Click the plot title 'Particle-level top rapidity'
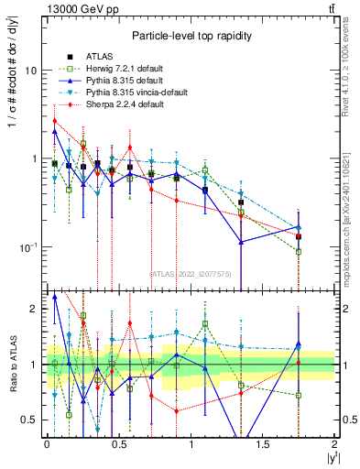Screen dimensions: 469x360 (191, 36)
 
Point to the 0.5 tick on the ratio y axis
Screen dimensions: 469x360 (28, 420)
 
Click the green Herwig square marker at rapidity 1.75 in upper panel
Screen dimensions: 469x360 (299, 252)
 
